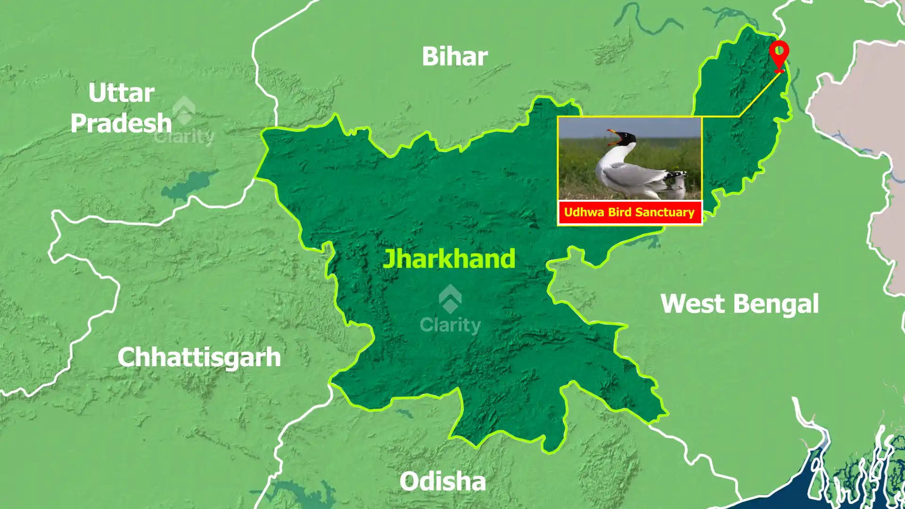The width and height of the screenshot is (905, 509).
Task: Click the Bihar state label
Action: point(454,57)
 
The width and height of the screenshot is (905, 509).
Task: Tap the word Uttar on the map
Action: point(121,93)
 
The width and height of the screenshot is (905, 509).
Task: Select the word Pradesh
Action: point(121,123)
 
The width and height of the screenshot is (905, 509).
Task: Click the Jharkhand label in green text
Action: point(449,259)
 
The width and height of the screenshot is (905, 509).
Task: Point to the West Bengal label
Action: point(739,304)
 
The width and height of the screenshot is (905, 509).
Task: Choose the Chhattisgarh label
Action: point(199,357)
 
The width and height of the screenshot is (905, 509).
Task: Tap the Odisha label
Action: point(442,482)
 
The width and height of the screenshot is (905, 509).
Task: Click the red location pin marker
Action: point(779,55)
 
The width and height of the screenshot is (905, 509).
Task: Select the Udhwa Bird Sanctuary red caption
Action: point(629,213)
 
